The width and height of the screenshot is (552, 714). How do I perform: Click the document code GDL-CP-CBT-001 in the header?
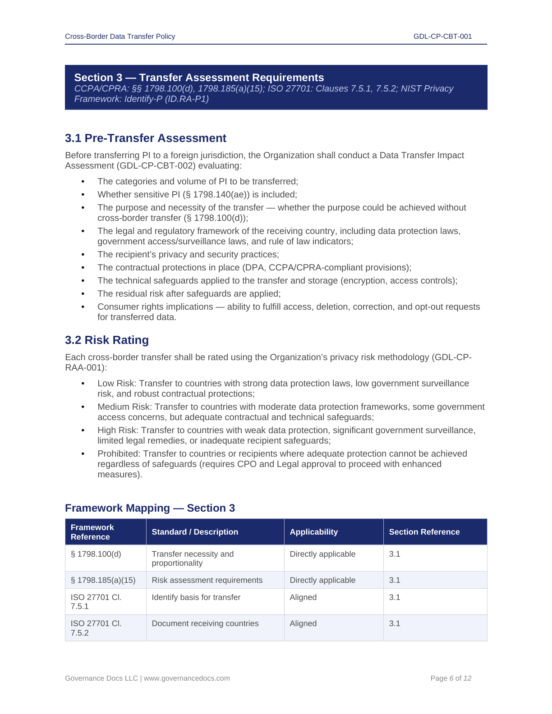tap(442, 37)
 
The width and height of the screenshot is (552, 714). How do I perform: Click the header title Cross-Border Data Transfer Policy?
tap(120, 37)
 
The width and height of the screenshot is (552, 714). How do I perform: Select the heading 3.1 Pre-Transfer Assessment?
tap(146, 138)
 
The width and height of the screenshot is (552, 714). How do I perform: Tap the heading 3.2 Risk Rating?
tap(107, 340)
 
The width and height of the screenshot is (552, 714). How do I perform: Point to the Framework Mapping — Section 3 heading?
tap(150, 508)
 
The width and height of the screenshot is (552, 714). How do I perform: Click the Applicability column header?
tap(313, 532)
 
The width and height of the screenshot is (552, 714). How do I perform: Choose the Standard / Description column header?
tap(195, 532)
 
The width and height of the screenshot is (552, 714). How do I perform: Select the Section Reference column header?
tap(424, 532)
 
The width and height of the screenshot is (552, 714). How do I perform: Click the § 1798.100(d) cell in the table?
tap(96, 554)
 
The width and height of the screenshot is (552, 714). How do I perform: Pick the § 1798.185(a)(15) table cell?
tap(103, 580)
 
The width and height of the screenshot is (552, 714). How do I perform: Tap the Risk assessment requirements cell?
tap(207, 580)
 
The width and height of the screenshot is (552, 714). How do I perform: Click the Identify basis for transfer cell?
tap(196, 597)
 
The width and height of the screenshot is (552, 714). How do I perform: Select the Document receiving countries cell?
tap(205, 623)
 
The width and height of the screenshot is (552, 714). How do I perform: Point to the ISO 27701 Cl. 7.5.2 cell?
tap(96, 628)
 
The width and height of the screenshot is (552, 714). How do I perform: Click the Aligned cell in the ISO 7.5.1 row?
tap(303, 597)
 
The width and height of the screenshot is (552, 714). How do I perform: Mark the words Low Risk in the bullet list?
tap(116, 384)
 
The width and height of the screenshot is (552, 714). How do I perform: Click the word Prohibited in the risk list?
tap(118, 454)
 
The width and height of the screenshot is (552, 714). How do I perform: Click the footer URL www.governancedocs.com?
tap(187, 678)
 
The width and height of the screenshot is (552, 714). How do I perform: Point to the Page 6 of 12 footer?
tap(451, 678)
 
